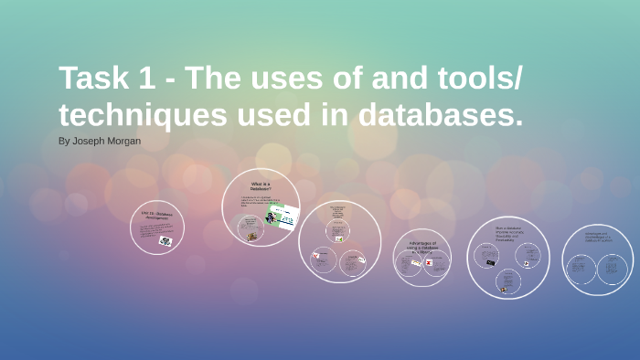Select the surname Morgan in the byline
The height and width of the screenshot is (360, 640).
click(x=123, y=142)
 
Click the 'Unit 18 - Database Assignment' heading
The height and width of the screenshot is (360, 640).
click(x=157, y=217)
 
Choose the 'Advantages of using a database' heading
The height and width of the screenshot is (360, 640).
click(x=421, y=246)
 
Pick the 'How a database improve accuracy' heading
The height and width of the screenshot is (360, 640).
click(x=507, y=230)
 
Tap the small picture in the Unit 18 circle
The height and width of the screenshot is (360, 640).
click(x=165, y=240)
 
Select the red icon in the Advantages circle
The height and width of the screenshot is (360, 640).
click(x=428, y=262)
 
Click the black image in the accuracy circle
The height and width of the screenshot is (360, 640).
click(x=490, y=263)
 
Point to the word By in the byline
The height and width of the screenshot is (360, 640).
click(x=64, y=142)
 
